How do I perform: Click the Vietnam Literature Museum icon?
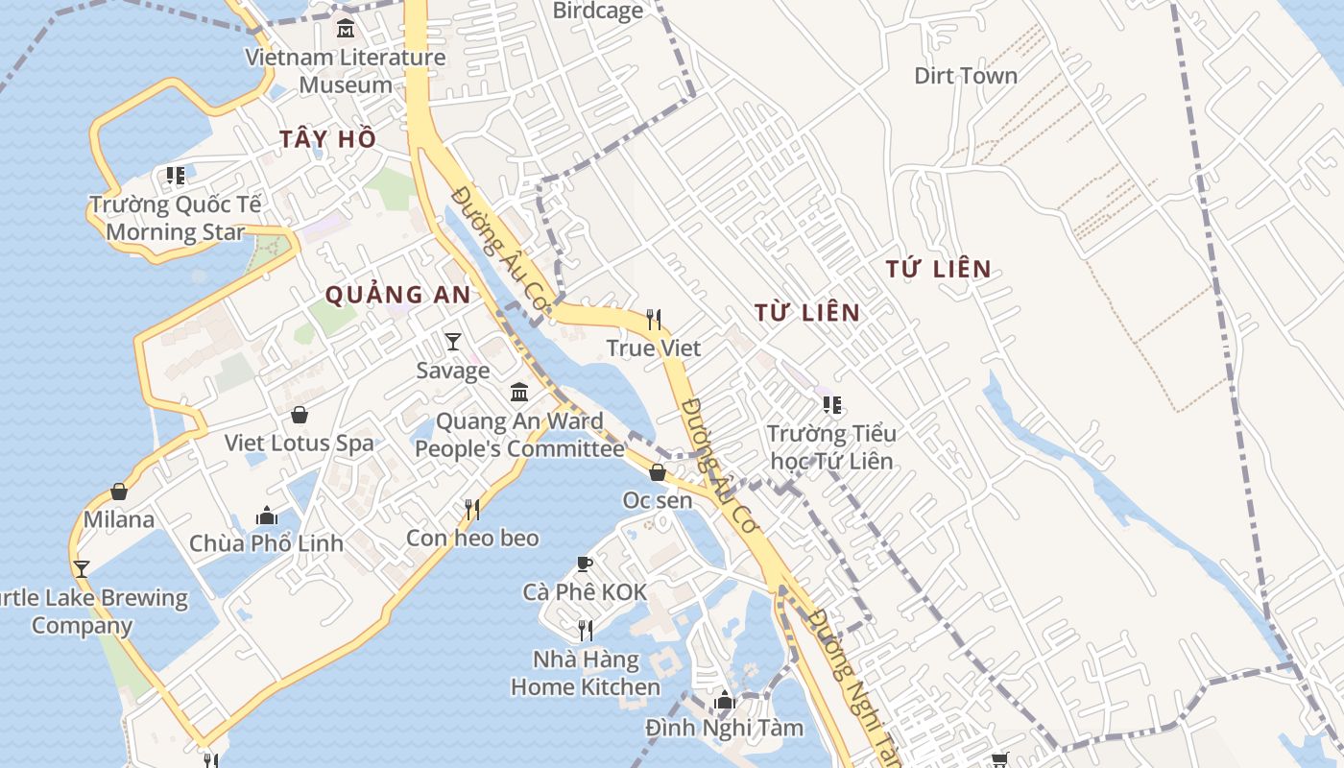(345, 28)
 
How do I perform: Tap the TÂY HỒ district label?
(328, 139)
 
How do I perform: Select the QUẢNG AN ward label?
(397, 295)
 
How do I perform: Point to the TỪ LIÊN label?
(807, 312)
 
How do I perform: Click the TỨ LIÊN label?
(938, 269)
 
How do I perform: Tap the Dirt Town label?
(965, 76)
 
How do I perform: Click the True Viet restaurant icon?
(654, 319)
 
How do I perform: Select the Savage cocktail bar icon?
(453, 342)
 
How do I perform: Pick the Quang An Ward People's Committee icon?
(519, 392)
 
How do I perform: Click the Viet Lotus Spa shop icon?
(300, 415)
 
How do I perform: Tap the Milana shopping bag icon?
(119, 492)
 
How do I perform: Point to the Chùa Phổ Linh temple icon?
(266, 516)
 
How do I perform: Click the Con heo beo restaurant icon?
(471, 509)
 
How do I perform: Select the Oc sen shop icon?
(658, 472)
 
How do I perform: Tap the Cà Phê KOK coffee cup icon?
(585, 564)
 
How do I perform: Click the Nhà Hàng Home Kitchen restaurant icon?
(585, 630)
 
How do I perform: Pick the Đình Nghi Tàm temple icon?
(725, 700)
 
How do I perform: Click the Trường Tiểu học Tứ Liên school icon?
(831, 405)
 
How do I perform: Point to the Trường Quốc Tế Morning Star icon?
(175, 176)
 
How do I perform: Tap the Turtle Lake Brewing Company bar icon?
(82, 568)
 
